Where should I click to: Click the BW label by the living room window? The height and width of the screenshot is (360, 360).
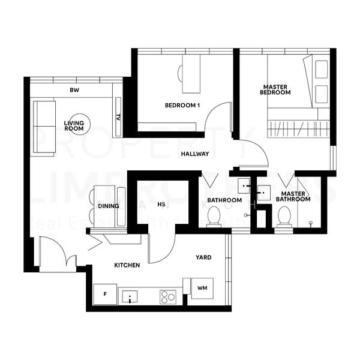click(74, 91)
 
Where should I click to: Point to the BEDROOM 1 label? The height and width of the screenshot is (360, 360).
click(182, 106)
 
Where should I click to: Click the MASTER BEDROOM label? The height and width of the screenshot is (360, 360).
click(275, 89)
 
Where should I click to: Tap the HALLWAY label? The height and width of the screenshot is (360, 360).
click(195, 154)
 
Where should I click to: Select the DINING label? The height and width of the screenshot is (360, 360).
click(109, 206)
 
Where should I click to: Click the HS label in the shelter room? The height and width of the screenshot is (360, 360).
click(161, 205)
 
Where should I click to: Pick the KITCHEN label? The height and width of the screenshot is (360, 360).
click(127, 265)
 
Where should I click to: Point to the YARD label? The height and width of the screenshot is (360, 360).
click(203, 257)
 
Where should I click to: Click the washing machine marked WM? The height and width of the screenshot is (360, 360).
click(202, 289)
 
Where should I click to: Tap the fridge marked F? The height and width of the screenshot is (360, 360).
click(104, 294)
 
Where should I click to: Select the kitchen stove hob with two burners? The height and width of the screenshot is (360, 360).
click(167, 296)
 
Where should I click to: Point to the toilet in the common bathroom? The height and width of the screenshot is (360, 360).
click(213, 218)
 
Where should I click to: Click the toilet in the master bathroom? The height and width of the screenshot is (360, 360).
click(284, 216)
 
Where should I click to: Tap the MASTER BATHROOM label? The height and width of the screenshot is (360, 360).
click(293, 197)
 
